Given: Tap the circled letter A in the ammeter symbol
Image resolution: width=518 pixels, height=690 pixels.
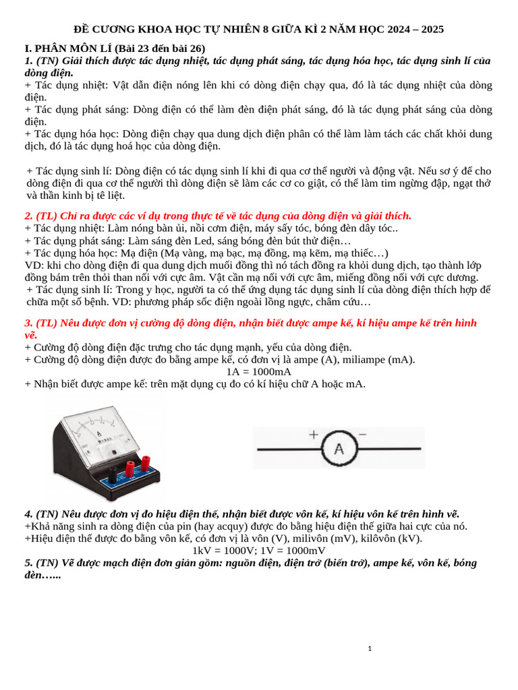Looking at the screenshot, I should (x=340, y=449).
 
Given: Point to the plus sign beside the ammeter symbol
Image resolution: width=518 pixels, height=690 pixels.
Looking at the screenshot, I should (x=314, y=435).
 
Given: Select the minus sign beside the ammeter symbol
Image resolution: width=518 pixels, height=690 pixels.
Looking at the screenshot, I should (x=362, y=435).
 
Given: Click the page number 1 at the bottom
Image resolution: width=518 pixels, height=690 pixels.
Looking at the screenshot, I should (x=370, y=649).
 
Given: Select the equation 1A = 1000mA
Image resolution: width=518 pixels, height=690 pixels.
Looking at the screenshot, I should (x=259, y=371).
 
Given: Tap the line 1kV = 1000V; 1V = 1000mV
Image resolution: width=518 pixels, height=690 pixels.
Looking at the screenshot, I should (x=259, y=550).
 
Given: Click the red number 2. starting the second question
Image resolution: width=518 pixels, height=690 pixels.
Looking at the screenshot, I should (x=29, y=216).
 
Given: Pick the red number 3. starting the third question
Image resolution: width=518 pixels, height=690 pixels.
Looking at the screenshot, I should (x=29, y=323).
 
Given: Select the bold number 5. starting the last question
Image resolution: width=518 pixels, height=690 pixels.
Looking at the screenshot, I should (x=29, y=563).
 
